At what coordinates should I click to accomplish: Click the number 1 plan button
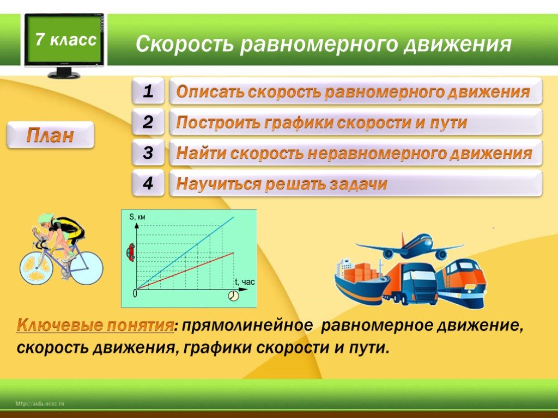click(148, 91)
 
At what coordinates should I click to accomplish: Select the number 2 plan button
click(148, 122)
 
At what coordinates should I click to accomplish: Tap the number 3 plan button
click(148, 152)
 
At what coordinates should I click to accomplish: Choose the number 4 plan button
click(148, 183)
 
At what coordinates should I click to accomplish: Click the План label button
click(50, 135)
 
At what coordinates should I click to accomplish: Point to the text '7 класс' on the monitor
click(66, 39)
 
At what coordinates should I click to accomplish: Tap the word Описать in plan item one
click(210, 92)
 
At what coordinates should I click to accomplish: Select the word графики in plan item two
click(299, 123)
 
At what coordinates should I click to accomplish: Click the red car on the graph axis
click(131, 252)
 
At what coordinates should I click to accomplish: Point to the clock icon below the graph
click(233, 296)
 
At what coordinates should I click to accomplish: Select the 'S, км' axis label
click(137, 217)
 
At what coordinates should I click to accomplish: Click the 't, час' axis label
click(245, 282)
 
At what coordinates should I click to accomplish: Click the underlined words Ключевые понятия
click(95, 325)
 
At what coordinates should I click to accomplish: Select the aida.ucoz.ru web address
click(39, 403)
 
